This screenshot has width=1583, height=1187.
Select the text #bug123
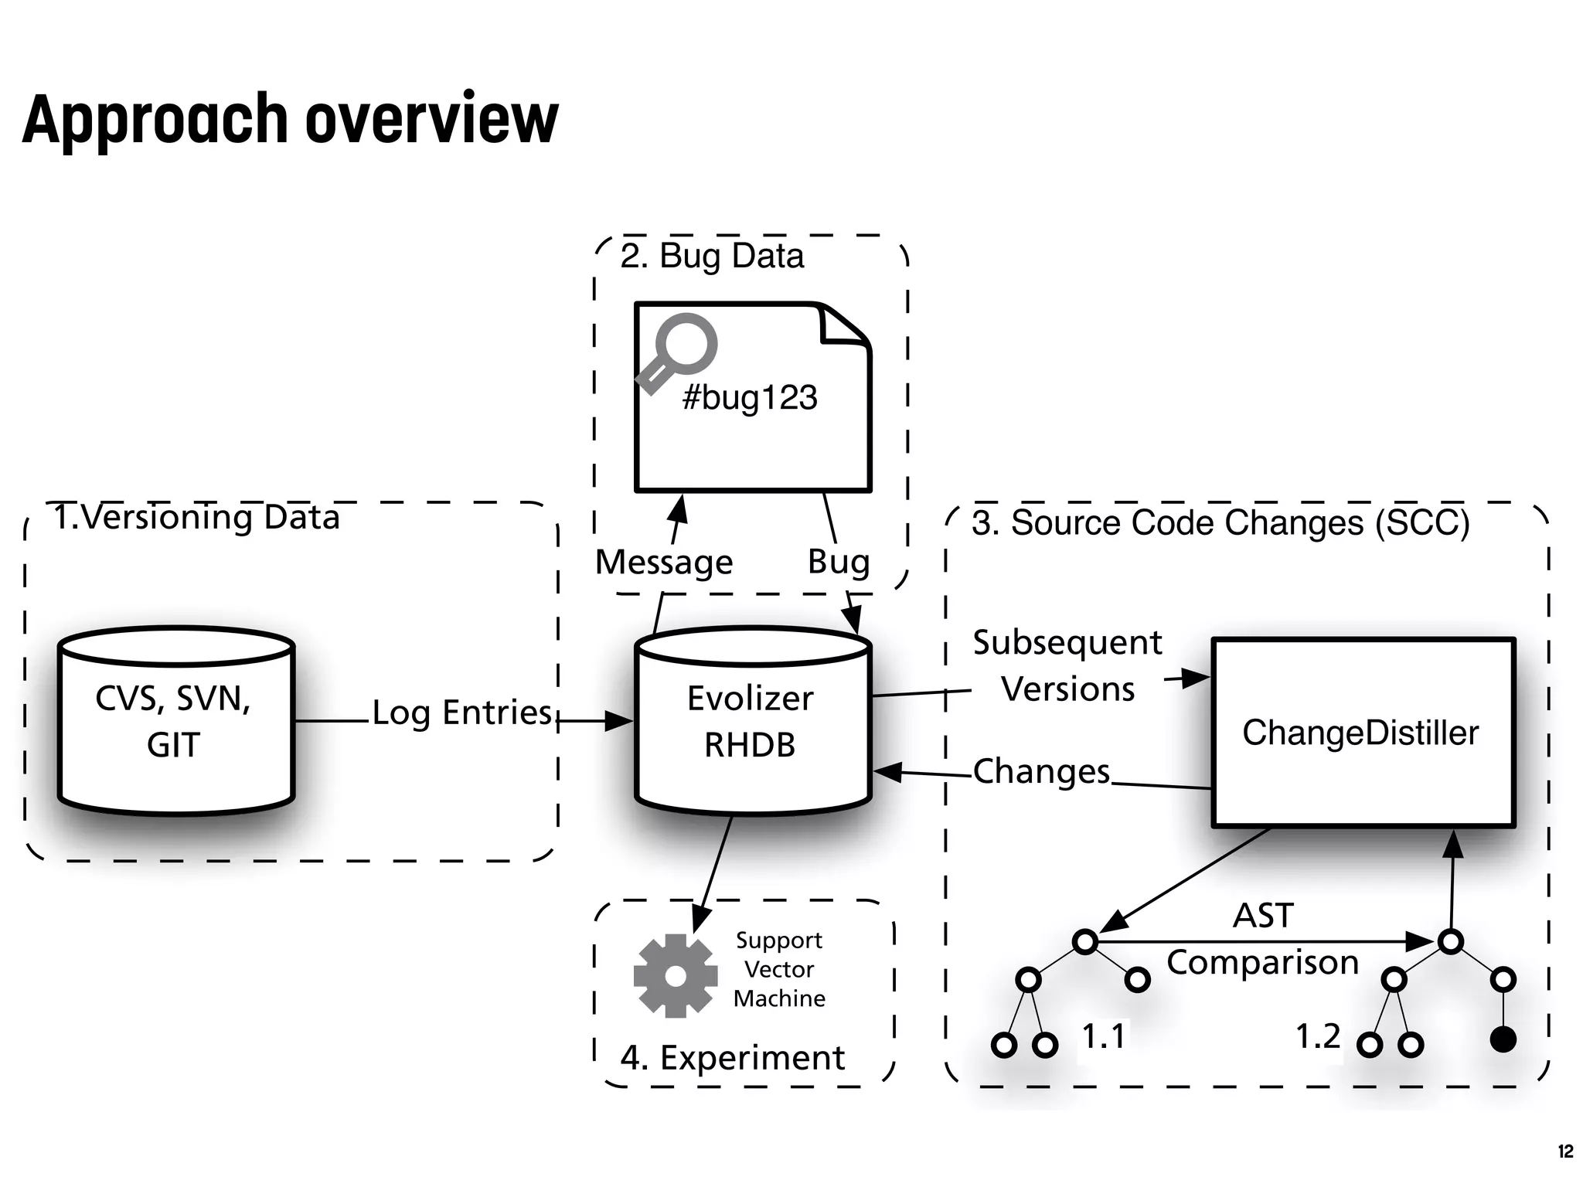[750, 397]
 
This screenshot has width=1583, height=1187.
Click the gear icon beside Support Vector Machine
[675, 975]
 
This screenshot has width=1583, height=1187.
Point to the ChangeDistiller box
[1362, 732]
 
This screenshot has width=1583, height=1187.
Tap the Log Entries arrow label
[461, 713]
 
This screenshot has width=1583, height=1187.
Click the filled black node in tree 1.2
[1503, 1040]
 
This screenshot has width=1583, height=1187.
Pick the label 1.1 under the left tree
[1103, 1036]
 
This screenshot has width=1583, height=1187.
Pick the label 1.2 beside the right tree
[1318, 1036]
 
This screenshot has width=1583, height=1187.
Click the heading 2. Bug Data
[711, 256]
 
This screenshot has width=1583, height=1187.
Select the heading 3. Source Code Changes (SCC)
[1220, 523]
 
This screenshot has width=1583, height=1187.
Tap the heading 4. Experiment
[732, 1057]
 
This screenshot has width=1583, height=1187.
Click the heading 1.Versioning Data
[196, 517]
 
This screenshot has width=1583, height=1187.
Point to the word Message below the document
[663, 562]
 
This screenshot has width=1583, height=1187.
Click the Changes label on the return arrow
[1041, 771]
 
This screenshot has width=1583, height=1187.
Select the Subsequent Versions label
[1067, 665]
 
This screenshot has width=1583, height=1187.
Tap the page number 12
[1564, 1151]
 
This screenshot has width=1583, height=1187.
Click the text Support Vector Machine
[778, 969]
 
